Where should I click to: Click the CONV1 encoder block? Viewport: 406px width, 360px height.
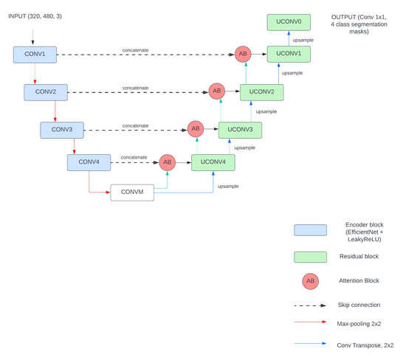pyautogui.click(x=35, y=54)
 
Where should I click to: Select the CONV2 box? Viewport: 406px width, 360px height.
pyautogui.click(x=46, y=92)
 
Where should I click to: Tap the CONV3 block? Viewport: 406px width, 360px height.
pyautogui.click(x=61, y=130)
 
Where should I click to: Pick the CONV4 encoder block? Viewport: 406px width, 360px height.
pyautogui.click(x=89, y=162)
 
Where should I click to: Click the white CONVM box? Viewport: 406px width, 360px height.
pyautogui.click(x=132, y=193)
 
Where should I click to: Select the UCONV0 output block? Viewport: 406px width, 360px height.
pyautogui.click(x=289, y=23)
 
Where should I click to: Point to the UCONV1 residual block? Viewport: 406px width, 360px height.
pyautogui.click(x=289, y=54)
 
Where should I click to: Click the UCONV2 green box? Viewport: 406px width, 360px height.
pyautogui.click(x=261, y=92)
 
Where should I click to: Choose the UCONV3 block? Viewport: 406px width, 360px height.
pyautogui.click(x=240, y=130)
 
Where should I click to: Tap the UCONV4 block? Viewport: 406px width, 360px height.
pyautogui.click(x=213, y=162)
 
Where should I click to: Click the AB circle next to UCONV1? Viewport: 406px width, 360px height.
pyautogui.click(x=243, y=54)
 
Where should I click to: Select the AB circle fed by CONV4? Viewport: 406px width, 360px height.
pyautogui.click(x=167, y=162)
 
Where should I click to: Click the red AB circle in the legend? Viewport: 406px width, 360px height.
pyautogui.click(x=310, y=281)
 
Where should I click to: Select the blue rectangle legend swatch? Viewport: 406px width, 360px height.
pyautogui.click(x=310, y=229)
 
